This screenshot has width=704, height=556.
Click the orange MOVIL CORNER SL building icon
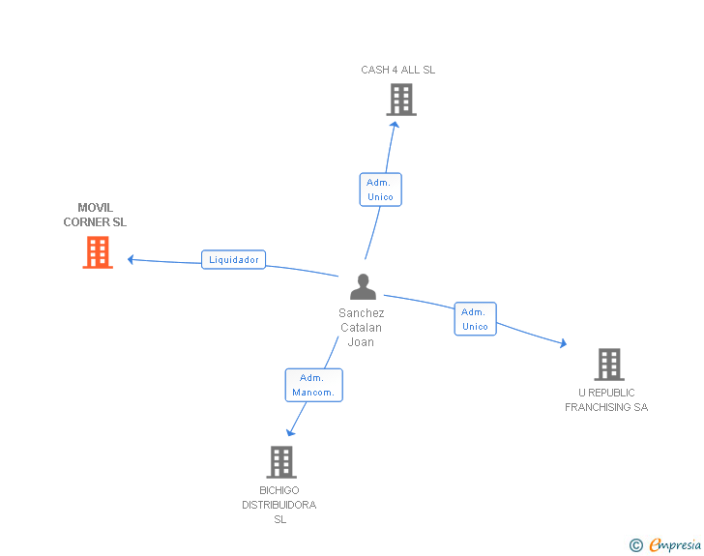(x=98, y=252)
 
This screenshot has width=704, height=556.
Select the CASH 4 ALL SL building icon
(x=401, y=100)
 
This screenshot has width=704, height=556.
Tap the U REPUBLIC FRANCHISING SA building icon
(x=609, y=365)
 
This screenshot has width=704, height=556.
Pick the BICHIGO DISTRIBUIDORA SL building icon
(x=281, y=462)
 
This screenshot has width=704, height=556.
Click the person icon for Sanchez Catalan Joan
(x=363, y=286)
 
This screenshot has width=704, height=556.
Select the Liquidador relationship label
(x=233, y=259)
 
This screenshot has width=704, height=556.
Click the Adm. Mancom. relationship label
(x=314, y=385)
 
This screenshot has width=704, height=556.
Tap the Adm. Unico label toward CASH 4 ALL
(x=380, y=190)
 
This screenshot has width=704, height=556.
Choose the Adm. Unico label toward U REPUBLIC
(x=475, y=319)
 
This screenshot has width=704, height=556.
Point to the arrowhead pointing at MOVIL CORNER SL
(x=131, y=259)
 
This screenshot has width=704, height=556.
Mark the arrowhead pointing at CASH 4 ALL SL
(x=395, y=125)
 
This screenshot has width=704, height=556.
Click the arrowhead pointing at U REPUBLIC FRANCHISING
(x=564, y=343)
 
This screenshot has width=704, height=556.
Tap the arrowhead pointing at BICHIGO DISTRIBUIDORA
(x=290, y=432)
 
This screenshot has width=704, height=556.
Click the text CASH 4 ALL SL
(x=397, y=70)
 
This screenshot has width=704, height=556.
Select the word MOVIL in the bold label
(x=95, y=208)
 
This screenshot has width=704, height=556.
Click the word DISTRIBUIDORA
(x=279, y=505)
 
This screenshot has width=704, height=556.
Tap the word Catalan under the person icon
(x=361, y=328)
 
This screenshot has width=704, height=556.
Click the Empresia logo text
(x=675, y=544)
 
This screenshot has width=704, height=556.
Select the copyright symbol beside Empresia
(x=636, y=545)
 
